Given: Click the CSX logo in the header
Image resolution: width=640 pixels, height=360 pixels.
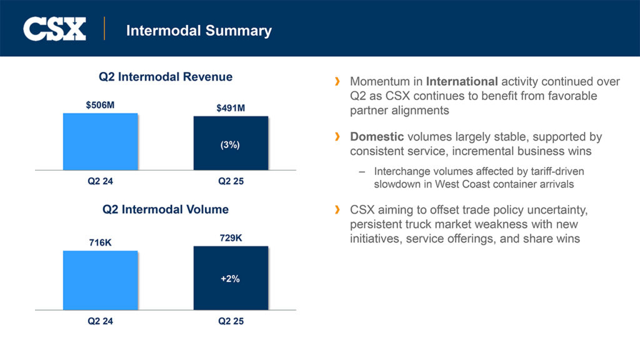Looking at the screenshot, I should (54, 29).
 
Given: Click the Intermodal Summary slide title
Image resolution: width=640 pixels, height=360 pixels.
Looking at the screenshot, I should (199, 30).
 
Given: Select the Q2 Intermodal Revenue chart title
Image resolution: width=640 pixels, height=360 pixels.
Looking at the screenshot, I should (166, 77).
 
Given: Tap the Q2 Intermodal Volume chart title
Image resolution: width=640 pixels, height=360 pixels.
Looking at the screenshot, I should (166, 209).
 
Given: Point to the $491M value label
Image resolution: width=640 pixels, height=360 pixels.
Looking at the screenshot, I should (231, 108).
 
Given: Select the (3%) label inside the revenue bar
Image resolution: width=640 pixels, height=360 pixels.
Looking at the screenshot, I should (230, 144).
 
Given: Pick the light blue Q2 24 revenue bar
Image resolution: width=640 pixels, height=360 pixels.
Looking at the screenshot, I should (100, 141).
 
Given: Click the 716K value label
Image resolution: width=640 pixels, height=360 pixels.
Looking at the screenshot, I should (100, 242).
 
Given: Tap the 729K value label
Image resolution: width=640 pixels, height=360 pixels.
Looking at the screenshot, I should (231, 237).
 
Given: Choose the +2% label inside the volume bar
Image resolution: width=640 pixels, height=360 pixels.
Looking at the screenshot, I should (230, 279).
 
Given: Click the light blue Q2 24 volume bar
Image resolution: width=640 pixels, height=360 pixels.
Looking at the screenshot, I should (100, 279).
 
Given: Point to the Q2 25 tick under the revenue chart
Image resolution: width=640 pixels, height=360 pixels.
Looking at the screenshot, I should (231, 182).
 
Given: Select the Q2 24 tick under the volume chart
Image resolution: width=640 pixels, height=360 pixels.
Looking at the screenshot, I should (100, 321).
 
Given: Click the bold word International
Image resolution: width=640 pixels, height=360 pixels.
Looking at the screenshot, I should (462, 82).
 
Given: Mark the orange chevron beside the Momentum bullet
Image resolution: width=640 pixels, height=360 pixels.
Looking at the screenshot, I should (338, 82).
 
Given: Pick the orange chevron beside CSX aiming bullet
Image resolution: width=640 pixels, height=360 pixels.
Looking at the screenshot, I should (338, 209).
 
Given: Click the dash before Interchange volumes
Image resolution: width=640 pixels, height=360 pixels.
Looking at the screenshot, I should (362, 171).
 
